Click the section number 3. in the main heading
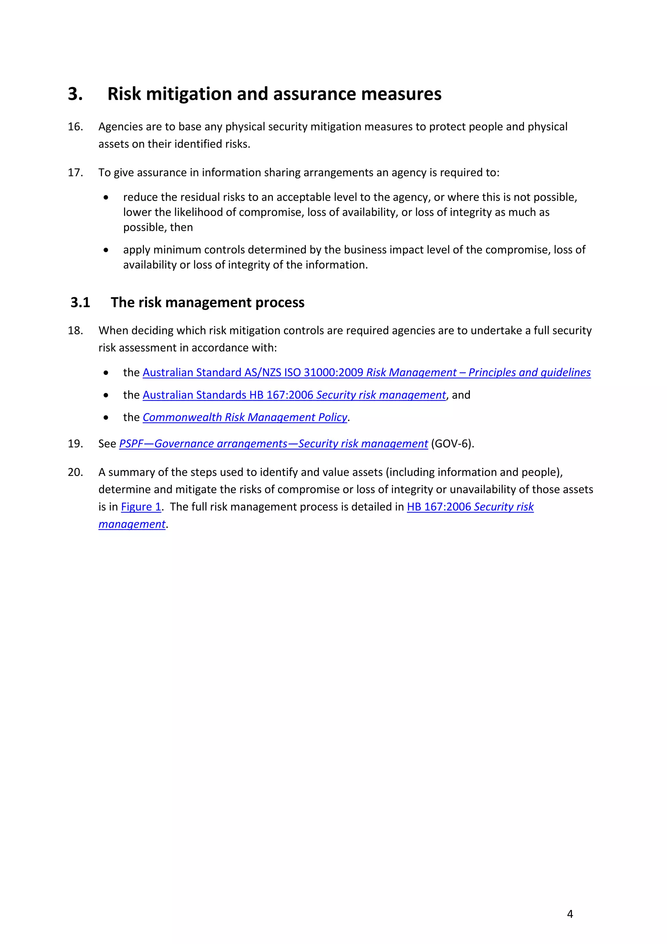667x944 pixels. [x=75, y=94]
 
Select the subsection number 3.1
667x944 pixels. [x=80, y=302]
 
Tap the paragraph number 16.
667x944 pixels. [x=75, y=126]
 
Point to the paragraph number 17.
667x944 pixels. [x=75, y=173]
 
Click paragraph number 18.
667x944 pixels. [x=75, y=331]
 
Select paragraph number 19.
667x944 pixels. [x=75, y=444]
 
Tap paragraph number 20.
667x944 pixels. [x=75, y=472]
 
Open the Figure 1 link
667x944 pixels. [x=141, y=507]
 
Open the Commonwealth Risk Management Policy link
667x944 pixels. [x=245, y=417]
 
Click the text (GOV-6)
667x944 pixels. [x=452, y=444]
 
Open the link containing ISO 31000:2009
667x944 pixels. [x=366, y=373]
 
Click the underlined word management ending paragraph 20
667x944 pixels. [x=132, y=524]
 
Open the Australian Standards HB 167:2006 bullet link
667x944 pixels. [x=294, y=395]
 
